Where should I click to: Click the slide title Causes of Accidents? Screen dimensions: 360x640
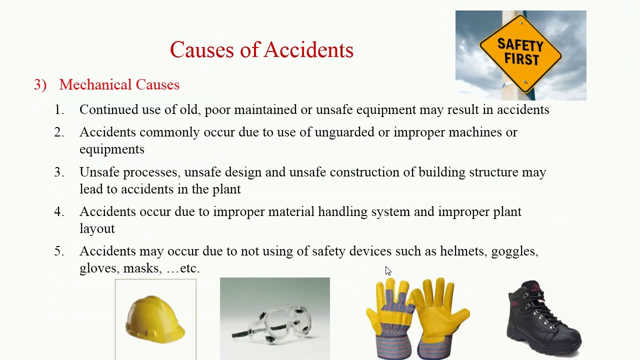[261, 50]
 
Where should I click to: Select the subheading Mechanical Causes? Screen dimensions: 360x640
[119, 85]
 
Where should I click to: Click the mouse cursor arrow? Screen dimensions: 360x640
[388, 270]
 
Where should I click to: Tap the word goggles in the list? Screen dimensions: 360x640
[514, 251]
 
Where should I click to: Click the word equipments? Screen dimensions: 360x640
[111, 149]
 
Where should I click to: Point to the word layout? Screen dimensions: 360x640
[97, 229]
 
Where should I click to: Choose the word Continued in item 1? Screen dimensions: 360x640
[108, 110]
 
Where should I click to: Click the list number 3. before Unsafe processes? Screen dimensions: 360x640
[59, 172]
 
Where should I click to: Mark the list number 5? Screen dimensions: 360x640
[59, 251]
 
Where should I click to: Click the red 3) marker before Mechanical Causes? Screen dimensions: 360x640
[40, 85]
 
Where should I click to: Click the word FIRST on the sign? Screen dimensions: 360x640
[521, 59]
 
